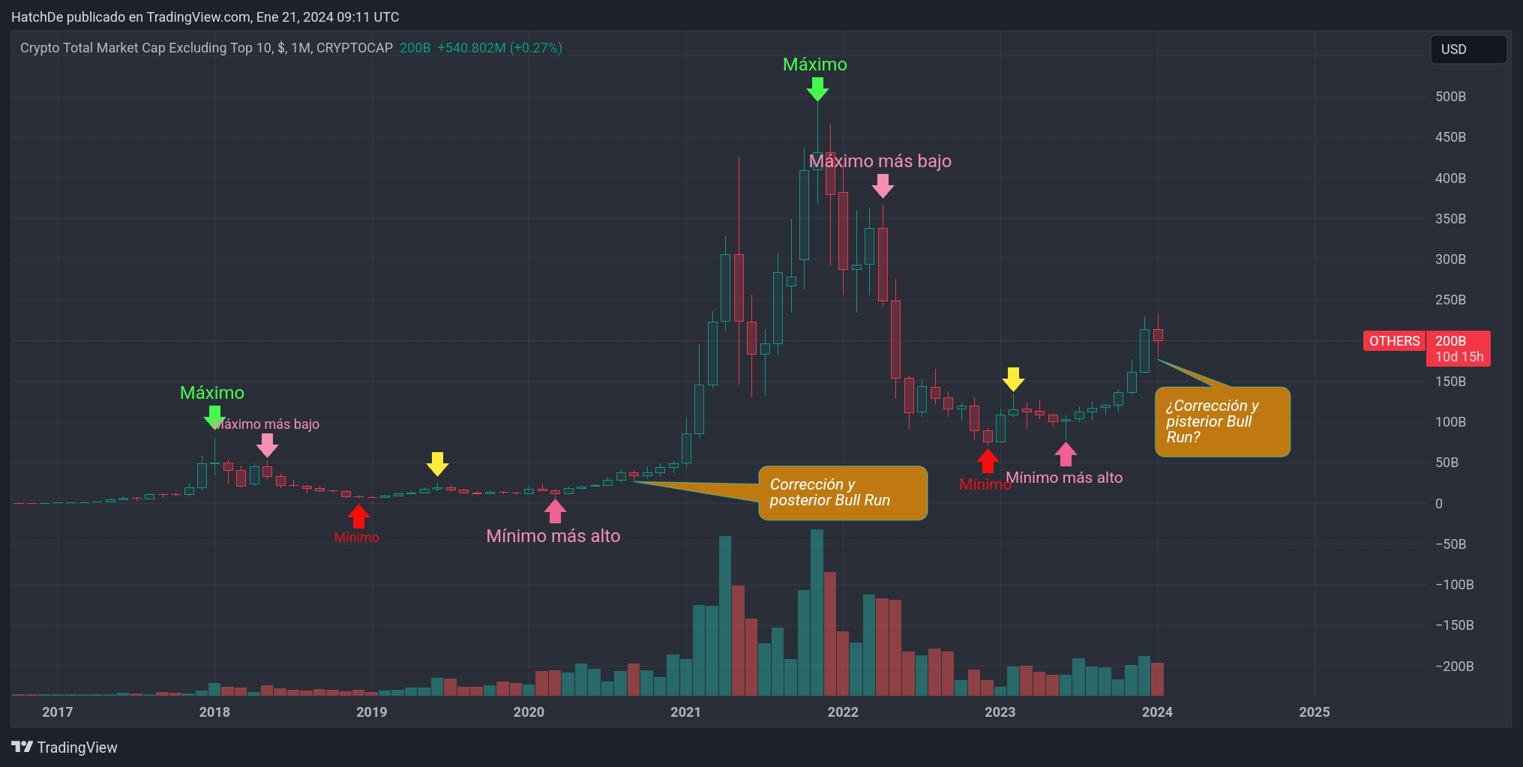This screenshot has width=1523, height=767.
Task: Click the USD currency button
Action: (1468, 49)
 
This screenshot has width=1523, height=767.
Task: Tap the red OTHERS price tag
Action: (1394, 341)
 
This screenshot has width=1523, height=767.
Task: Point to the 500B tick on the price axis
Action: (1450, 97)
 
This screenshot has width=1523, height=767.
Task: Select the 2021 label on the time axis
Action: (685, 712)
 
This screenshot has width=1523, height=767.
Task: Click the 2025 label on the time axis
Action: (1314, 712)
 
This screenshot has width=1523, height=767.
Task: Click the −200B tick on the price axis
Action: (1454, 666)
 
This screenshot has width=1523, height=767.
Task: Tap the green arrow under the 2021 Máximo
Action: (817, 89)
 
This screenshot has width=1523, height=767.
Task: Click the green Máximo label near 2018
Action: (212, 393)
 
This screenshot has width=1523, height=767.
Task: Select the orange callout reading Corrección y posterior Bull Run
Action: (842, 493)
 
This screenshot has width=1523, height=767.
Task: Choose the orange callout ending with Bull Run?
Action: (1222, 421)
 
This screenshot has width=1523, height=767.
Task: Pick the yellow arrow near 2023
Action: (1013, 379)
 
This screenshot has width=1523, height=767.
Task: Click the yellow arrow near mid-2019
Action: (437, 463)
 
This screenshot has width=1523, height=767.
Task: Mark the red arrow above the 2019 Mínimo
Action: (358, 516)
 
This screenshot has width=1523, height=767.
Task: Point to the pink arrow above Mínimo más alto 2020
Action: (554, 511)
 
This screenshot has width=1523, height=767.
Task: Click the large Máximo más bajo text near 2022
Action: (880, 161)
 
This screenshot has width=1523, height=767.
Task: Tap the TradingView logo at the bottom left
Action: (64, 748)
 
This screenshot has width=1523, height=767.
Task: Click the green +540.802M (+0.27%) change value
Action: (499, 48)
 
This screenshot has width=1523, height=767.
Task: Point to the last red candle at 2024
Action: (1158, 334)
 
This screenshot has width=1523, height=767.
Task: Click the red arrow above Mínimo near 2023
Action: (988, 460)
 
